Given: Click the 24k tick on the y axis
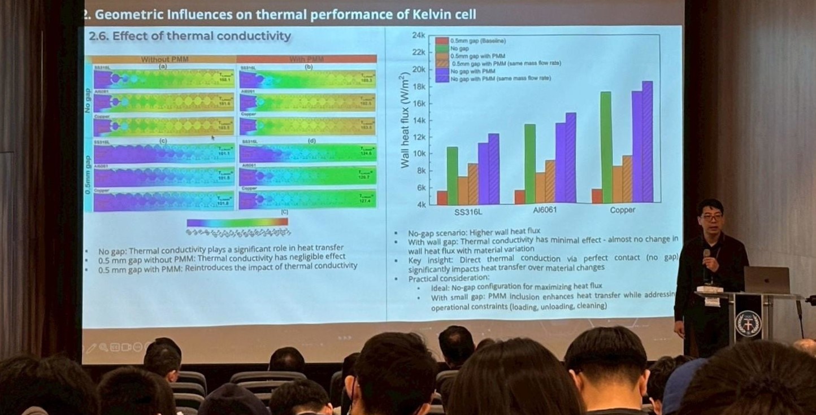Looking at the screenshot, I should point(418,35).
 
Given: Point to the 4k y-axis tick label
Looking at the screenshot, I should point(420,204).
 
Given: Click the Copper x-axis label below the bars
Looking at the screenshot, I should point(622,209).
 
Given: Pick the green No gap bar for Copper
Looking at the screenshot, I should point(606,147).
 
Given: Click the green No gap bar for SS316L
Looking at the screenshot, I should point(452,176).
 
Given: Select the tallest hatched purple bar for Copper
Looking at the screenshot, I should point(647,142).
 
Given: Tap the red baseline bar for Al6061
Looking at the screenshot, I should point(519,197).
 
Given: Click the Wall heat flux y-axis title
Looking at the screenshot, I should point(404,120).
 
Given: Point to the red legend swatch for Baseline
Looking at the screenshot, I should point(442,41).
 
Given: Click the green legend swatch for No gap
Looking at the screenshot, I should point(442,49).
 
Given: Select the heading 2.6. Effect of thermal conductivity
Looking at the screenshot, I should point(190,37).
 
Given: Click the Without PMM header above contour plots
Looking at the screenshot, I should point(164,59).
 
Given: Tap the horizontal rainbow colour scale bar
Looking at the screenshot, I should point(237,222).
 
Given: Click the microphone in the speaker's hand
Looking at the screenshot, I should point(706,255).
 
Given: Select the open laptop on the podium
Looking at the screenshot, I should point(766,280).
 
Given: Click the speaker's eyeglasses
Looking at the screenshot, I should point(710,216).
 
